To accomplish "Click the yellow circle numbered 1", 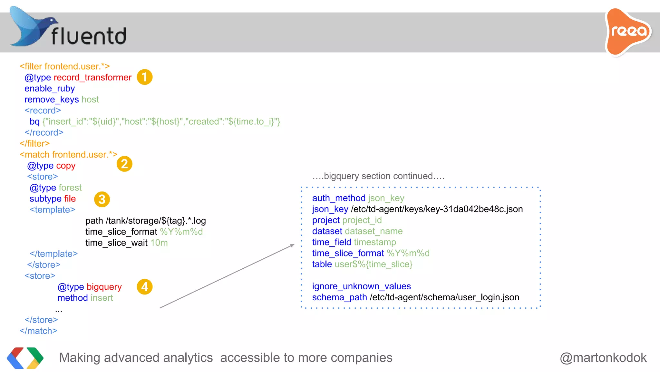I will point(144,77).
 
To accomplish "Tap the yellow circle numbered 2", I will point(124,164).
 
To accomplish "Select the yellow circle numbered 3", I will point(102,199).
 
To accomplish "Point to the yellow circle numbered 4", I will point(144,287).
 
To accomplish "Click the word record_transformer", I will point(92,77).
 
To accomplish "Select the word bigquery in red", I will point(104,287).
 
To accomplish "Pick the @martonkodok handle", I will point(603,358).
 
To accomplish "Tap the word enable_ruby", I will point(50,88).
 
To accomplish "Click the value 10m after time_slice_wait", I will point(159,243).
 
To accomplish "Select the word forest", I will point(70,188).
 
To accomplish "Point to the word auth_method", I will point(339,198).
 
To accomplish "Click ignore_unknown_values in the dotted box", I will point(361,286).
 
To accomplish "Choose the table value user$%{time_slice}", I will point(374,264).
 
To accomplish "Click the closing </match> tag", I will point(38,331).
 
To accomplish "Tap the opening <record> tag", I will point(43,110).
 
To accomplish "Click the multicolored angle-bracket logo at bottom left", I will point(25,358).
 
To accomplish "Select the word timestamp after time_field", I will point(375,242).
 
